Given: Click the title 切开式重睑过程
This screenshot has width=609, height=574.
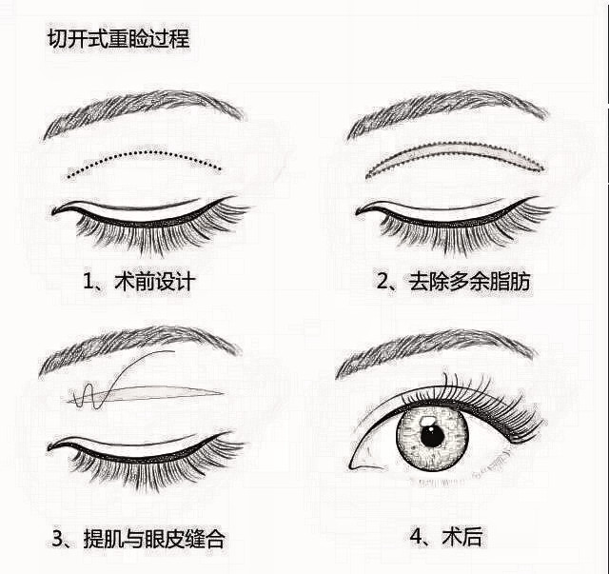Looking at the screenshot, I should pyautogui.click(x=119, y=40).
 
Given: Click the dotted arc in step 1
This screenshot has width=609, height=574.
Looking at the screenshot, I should pyautogui.click(x=143, y=155).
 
